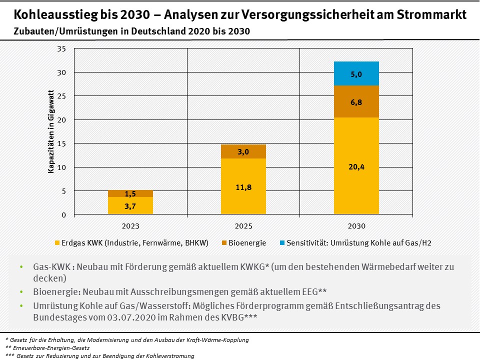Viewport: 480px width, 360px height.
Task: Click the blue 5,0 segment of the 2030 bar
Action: [x=356, y=73]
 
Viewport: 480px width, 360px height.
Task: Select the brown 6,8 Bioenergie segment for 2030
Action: [x=356, y=101]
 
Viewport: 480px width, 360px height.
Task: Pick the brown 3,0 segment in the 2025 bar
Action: [x=243, y=151]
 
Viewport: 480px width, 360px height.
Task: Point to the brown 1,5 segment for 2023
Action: [x=130, y=193]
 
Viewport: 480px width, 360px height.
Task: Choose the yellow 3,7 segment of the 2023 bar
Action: [x=130, y=205]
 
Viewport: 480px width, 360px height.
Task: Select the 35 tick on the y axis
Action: [x=62, y=49]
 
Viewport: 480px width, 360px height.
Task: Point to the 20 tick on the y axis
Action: [x=62, y=120]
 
